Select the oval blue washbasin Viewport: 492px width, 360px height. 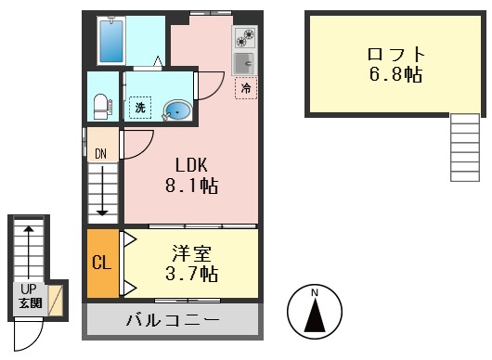pyautogui.click(x=177, y=111)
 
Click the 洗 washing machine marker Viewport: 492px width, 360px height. pyautogui.click(x=140, y=108)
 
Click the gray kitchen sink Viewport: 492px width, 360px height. pyautogui.click(x=246, y=62)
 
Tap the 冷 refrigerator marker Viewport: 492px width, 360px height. pyautogui.click(x=247, y=88)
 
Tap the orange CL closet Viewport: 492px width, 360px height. pyautogui.click(x=101, y=263)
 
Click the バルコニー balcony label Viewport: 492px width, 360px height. pyautogui.click(x=173, y=321)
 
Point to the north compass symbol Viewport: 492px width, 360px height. pyautogui.click(x=315, y=315)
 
